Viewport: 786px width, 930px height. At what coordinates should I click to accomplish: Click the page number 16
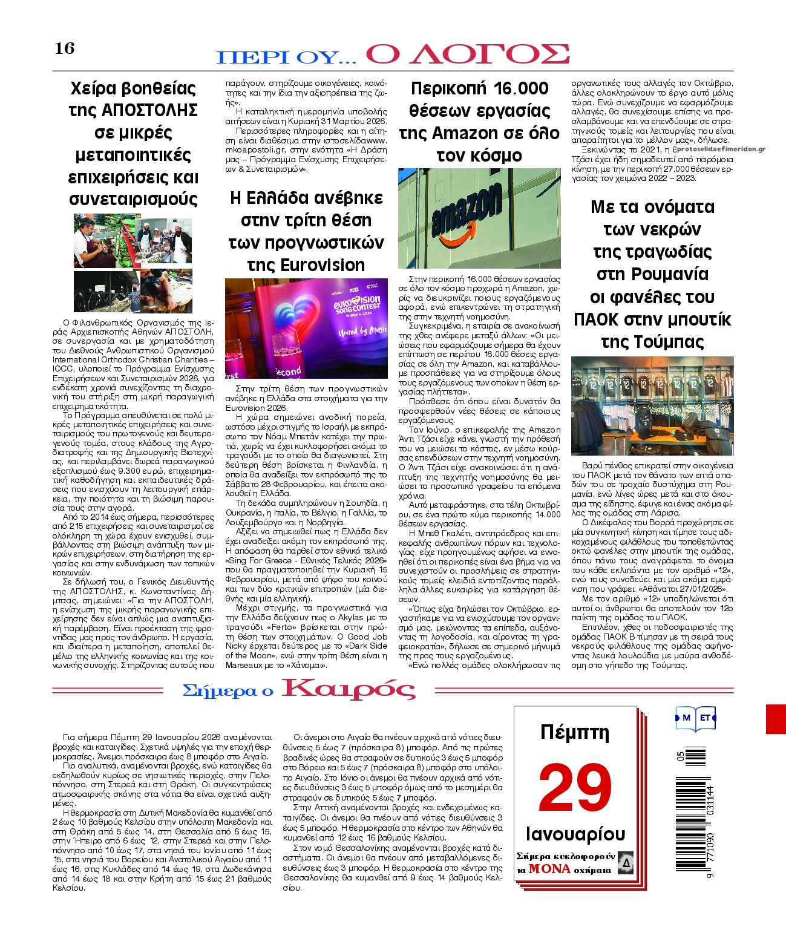64,48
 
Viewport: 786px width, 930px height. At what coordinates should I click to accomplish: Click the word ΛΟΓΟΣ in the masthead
468,54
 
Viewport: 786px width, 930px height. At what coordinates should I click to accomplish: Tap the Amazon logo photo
479,218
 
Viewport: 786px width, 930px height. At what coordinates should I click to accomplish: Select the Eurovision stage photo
306,328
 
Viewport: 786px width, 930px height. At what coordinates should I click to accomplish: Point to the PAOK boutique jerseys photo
652,405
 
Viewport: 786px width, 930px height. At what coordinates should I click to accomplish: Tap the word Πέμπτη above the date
574,733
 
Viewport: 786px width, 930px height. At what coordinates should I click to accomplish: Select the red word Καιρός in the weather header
349,689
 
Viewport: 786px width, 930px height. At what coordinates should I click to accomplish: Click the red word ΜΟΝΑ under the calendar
549,869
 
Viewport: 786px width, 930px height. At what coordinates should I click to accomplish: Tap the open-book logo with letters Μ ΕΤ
695,718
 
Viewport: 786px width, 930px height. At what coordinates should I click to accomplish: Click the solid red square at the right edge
776,718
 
